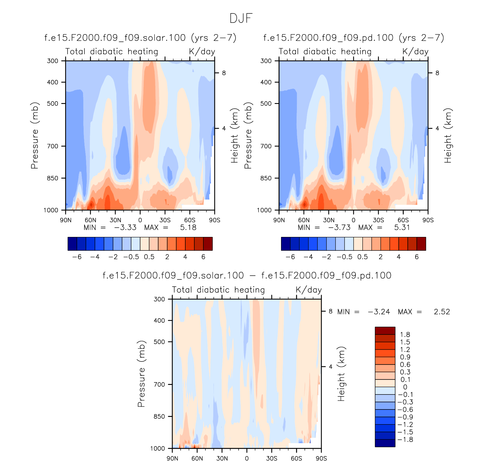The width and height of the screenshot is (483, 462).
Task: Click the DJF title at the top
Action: tap(241, 18)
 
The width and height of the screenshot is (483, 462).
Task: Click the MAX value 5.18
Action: tap(188, 228)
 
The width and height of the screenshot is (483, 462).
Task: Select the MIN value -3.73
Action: tap(339, 228)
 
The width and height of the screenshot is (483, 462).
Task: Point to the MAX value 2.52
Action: tap(442, 312)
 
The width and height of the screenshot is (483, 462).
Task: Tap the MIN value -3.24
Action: tap(379, 312)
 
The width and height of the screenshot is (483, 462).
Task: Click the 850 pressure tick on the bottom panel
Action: tap(159, 417)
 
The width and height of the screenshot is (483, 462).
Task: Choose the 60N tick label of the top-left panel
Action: tap(90, 220)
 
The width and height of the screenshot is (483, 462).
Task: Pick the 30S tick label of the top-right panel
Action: tap(378, 220)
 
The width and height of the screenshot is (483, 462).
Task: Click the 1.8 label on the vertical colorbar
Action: tap(405, 335)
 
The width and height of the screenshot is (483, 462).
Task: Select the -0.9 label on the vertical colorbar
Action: tap(406, 417)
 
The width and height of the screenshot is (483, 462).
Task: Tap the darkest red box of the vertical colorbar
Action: tap(385, 331)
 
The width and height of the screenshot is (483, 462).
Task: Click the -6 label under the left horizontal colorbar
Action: tap(77, 257)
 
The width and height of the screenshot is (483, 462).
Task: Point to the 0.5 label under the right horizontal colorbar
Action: tap(362, 257)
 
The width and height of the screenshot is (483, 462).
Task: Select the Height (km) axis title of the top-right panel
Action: tap(448, 136)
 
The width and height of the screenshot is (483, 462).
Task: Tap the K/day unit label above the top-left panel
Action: tap(202, 52)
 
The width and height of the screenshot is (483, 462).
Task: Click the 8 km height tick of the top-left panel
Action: tap(224, 73)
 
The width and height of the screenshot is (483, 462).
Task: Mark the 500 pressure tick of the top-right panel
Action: tap(266, 104)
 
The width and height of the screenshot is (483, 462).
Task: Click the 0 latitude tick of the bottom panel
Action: tap(247, 458)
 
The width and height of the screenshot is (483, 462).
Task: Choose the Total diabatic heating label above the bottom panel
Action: tap(218, 290)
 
